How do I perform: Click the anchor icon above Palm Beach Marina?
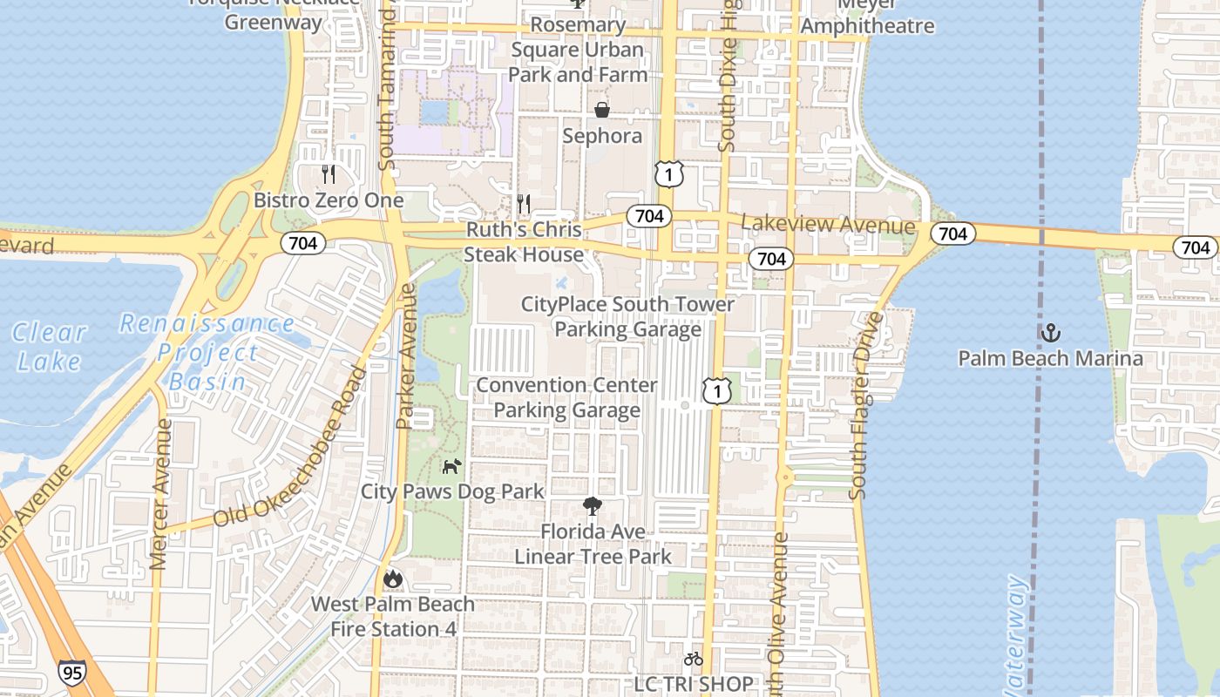(1051, 333)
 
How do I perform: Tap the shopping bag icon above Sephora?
(601, 110)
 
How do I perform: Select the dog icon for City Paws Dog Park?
(451, 467)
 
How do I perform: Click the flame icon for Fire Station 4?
(393, 578)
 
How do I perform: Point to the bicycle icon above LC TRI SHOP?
(693, 659)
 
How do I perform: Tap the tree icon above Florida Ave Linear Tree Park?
(593, 506)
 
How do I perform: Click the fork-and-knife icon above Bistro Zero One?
(329, 174)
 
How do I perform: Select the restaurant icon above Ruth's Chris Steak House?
(524, 204)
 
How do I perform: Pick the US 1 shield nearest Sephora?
(668, 174)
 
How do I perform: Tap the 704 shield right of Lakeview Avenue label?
(952, 233)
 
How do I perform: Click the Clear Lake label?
(49, 347)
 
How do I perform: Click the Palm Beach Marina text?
(1050, 358)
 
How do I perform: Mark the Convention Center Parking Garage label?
(567, 397)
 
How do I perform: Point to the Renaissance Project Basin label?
(207, 352)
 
